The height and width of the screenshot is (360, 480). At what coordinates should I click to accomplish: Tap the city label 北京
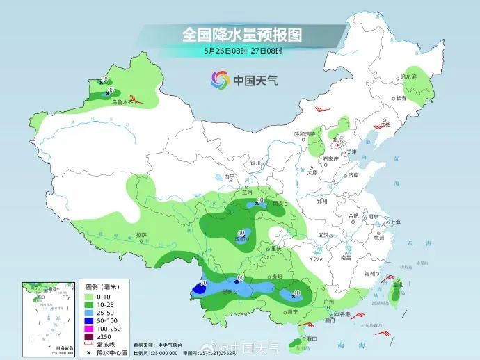339,139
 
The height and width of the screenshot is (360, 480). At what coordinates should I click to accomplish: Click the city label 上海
395,222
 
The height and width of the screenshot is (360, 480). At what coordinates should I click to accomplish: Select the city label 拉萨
141,235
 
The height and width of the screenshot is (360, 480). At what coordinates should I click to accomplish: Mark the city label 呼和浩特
304,133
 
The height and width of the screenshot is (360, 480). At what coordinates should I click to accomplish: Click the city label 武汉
323,235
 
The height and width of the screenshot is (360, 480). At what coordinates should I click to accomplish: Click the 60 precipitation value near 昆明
240,279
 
